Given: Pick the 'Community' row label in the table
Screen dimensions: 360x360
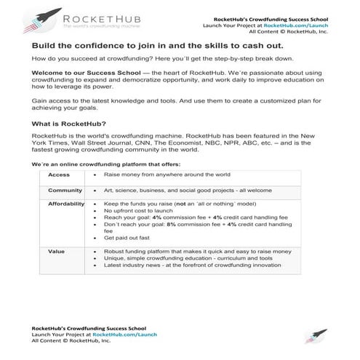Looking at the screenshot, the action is coord(65,190).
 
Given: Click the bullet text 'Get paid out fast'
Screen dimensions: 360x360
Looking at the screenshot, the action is coord(127,238).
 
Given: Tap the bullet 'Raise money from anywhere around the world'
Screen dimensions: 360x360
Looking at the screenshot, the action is coord(167,175).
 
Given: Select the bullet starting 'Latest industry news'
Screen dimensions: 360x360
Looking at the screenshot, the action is coord(192,265).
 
